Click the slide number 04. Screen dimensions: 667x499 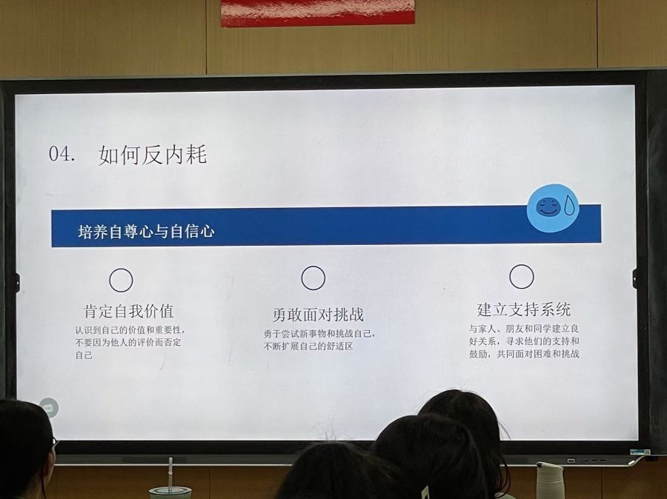pyautogui.click(x=62, y=154)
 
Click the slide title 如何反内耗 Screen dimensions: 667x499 pyautogui.click(x=153, y=155)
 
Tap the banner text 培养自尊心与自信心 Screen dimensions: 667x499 pyautogui.click(x=146, y=231)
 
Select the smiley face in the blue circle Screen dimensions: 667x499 pyautogui.click(x=547, y=207)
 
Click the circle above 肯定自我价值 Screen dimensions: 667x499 pyautogui.click(x=122, y=280)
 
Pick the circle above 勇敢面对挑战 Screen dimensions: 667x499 pyautogui.click(x=313, y=278)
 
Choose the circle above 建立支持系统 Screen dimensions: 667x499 pyautogui.click(x=522, y=277)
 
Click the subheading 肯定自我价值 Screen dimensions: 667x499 pyautogui.click(x=129, y=311)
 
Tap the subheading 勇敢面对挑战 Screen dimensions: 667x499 pyautogui.click(x=318, y=315)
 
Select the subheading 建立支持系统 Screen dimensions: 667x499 pyautogui.click(x=524, y=309)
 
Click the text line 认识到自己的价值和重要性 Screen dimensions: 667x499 pyautogui.click(x=130, y=330)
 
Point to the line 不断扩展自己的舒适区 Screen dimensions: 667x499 pyautogui.click(x=308, y=346)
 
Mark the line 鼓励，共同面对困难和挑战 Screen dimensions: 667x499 pyautogui.click(x=524, y=354)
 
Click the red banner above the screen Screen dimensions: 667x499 pyautogui.click(x=318, y=12)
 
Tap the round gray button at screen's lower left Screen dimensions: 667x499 pyautogui.click(x=48, y=408)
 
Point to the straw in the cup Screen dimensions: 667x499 pyautogui.click(x=170, y=474)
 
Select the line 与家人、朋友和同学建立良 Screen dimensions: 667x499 pyautogui.click(x=524, y=329)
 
